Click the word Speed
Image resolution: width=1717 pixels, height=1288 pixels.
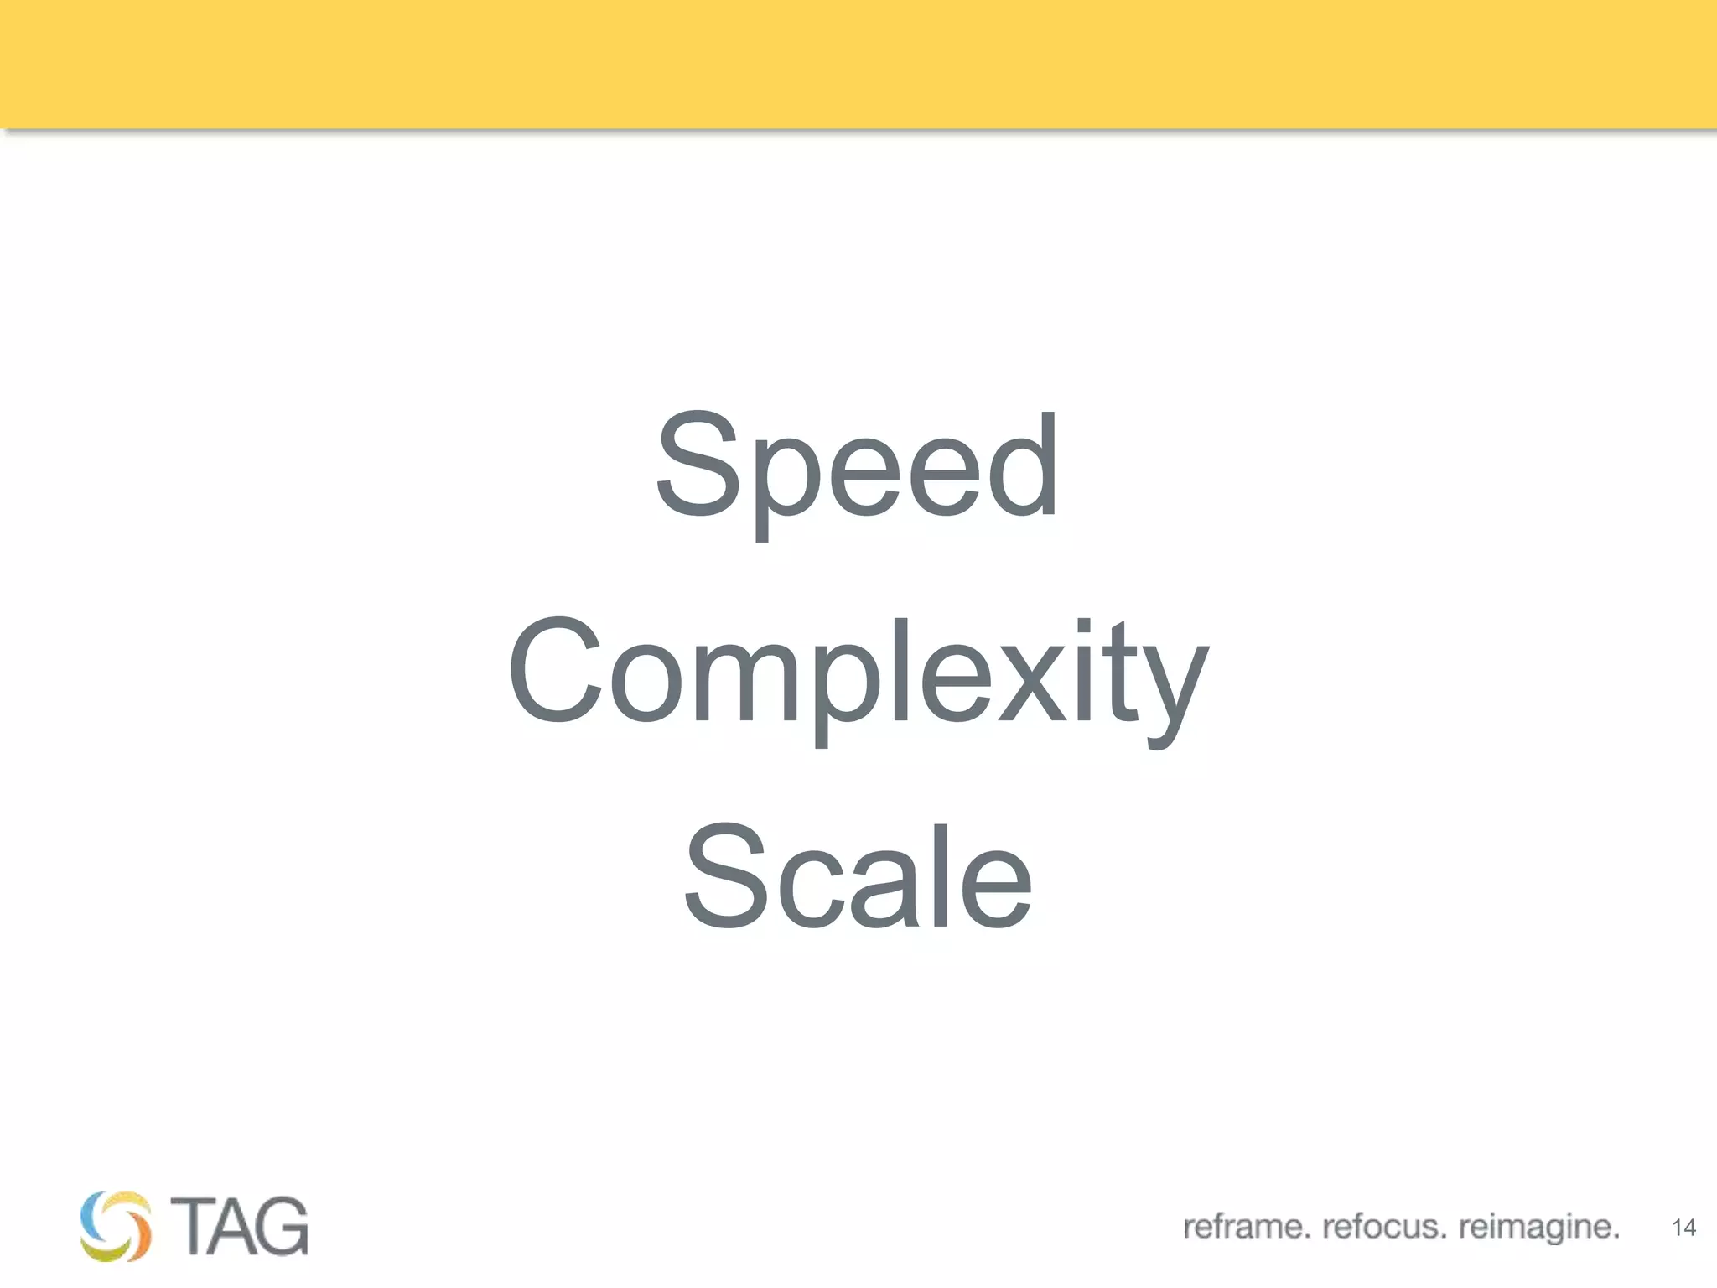click(x=857, y=466)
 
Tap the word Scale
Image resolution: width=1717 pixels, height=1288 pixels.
click(x=858, y=877)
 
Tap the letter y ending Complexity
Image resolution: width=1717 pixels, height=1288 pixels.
click(x=1172, y=692)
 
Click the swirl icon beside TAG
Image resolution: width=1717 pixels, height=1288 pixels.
click(x=117, y=1225)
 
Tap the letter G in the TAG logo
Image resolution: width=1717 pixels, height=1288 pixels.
click(x=280, y=1226)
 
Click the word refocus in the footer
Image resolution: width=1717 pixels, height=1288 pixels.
click(x=1384, y=1227)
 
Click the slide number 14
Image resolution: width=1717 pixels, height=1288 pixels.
click(x=1683, y=1228)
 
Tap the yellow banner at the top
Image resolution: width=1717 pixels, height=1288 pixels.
click(x=858, y=64)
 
